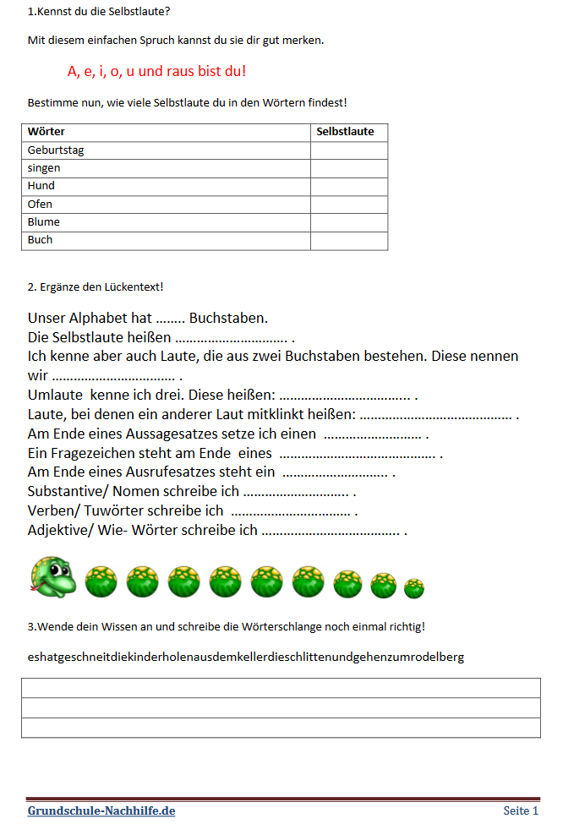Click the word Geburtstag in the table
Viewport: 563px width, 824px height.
pos(56,150)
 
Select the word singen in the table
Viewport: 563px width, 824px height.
pos(44,168)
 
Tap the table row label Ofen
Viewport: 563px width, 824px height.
pos(40,204)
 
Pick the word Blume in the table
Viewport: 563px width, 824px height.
pos(44,221)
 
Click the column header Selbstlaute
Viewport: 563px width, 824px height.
pos(345,132)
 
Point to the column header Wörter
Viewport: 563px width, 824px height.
pos(46,132)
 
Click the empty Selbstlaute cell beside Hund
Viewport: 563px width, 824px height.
pos(348,186)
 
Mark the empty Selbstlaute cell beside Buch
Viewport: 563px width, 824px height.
pos(348,240)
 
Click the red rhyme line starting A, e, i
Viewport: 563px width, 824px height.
pos(156,71)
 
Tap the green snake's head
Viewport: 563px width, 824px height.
pos(52,576)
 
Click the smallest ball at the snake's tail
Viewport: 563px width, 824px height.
pos(414,587)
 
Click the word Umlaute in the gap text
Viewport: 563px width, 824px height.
pos(55,395)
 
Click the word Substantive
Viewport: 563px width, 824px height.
pos(67,492)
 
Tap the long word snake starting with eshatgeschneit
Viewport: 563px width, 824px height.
pos(245,657)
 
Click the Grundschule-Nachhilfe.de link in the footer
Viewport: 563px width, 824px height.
pos(101,810)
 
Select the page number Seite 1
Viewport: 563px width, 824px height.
pos(521,810)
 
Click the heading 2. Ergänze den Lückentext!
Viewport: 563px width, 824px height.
pos(96,286)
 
